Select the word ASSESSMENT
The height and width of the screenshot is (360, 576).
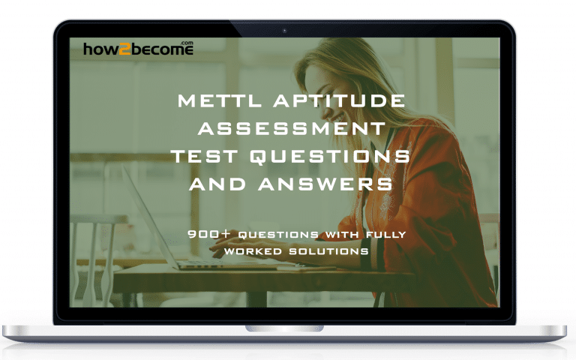click(288, 127)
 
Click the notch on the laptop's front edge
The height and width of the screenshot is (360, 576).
click(287, 328)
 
